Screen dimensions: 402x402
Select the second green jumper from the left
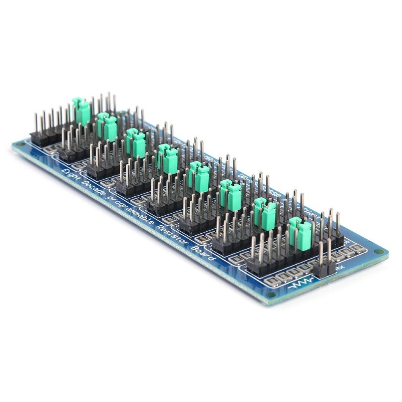pos(108,126)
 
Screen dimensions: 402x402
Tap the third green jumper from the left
pos(137,143)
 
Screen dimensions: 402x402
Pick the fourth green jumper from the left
pos(168,158)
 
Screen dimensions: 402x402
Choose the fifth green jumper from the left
pos(200,177)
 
